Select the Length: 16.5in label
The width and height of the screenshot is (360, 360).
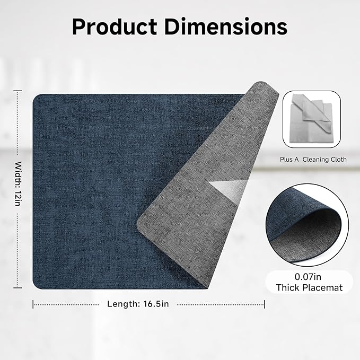click(x=138, y=304)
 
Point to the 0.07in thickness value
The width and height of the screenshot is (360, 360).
click(x=309, y=277)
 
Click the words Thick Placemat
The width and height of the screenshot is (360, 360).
click(x=309, y=288)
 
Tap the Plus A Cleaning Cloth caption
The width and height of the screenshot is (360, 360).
click(x=313, y=159)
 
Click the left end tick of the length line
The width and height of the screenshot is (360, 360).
click(x=33, y=304)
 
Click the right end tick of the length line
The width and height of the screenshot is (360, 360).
click(x=265, y=304)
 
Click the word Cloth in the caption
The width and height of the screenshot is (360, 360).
click(x=338, y=159)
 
